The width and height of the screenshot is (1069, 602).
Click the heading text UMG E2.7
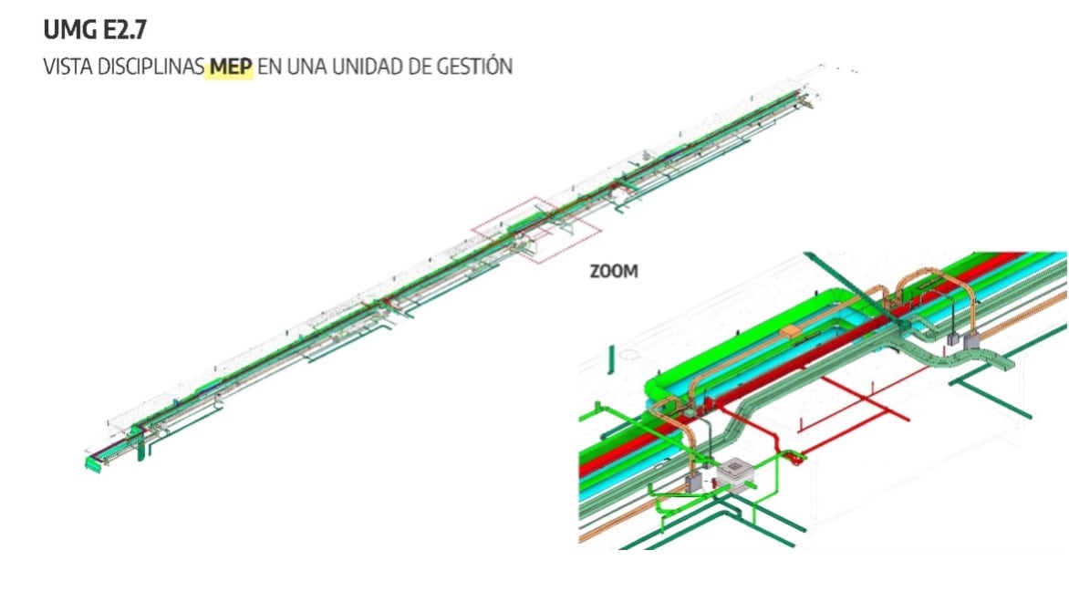[95, 30]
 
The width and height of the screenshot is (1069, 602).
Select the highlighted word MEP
[229, 67]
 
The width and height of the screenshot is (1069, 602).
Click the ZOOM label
[614, 272]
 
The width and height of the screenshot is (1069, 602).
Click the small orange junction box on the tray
[790, 330]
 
